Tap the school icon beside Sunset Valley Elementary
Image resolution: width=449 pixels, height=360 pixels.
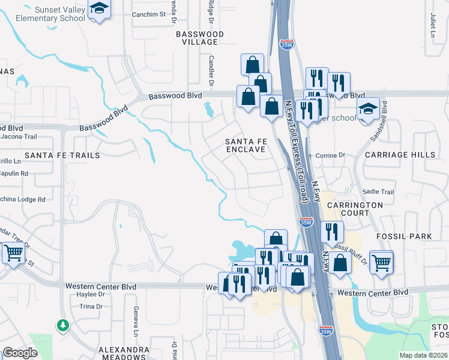[x=99, y=8]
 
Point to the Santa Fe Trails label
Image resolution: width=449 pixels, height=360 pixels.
[x=62, y=155]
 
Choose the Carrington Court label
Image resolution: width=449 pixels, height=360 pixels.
[x=355, y=209]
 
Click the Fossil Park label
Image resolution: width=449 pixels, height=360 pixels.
[x=404, y=236]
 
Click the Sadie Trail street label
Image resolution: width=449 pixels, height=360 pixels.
[x=378, y=191]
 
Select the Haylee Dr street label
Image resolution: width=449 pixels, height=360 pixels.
[x=91, y=294]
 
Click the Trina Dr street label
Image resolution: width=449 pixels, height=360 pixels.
[x=92, y=307]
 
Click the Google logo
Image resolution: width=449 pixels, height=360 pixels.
[x=20, y=353]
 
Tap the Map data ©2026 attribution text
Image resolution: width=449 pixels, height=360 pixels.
[x=423, y=355]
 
